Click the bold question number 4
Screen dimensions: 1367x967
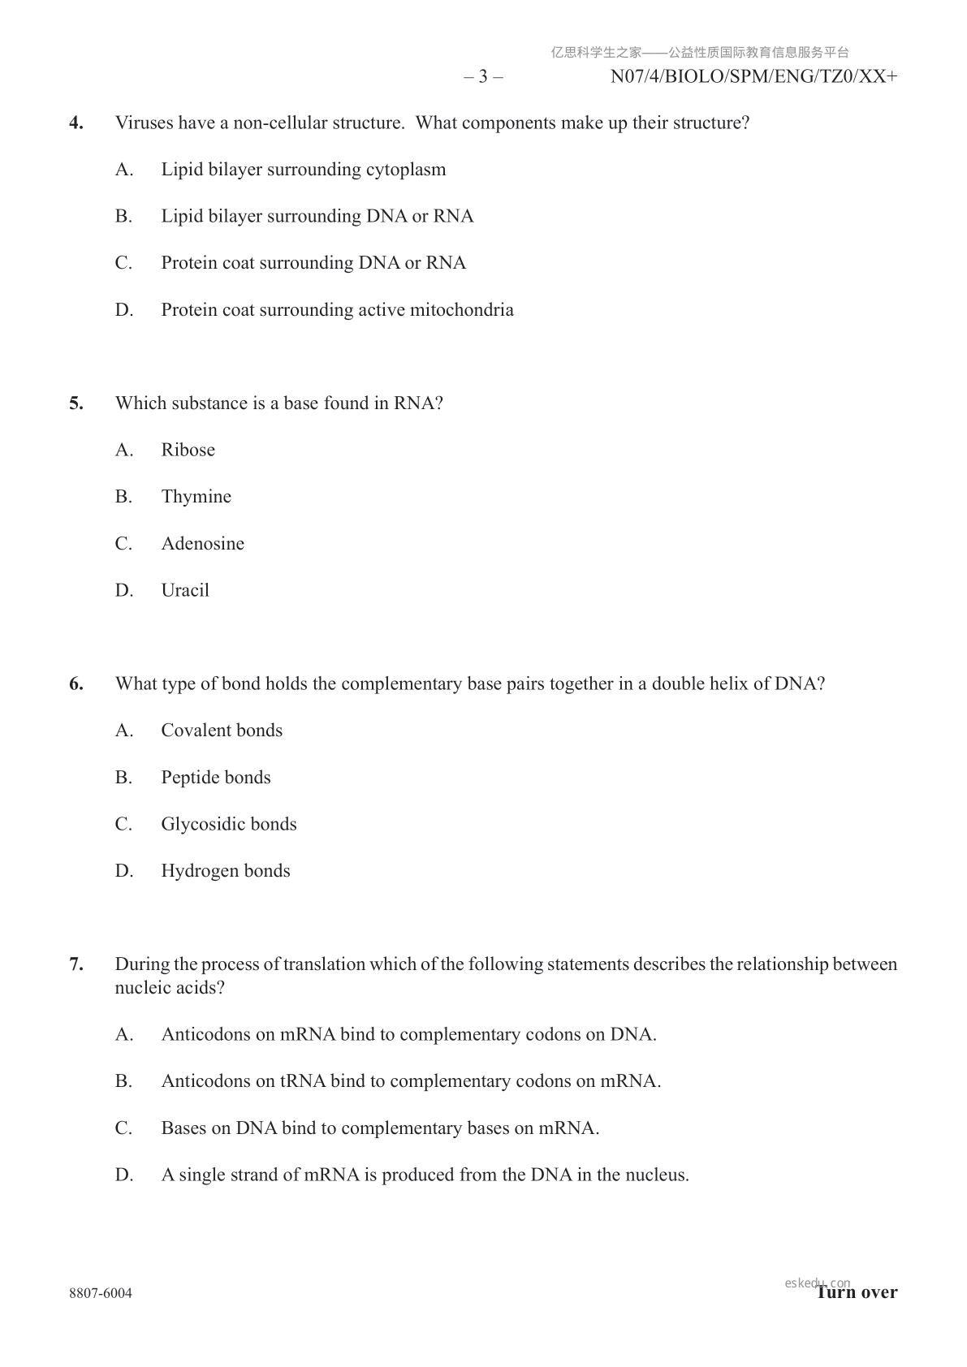pyautogui.click(x=76, y=123)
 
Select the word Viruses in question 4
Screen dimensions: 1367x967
pyautogui.click(x=143, y=123)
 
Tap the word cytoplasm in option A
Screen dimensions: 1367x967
pyautogui.click(x=405, y=170)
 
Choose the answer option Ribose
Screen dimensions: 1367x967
pyautogui.click(x=188, y=451)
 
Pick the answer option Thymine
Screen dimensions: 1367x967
pyautogui.click(x=196, y=497)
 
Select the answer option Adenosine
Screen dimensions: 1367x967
pyautogui.click(x=202, y=544)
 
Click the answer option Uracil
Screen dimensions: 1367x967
pyautogui.click(x=185, y=591)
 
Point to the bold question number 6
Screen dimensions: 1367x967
pyautogui.click(x=76, y=684)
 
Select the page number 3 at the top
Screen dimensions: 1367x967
pyautogui.click(x=483, y=77)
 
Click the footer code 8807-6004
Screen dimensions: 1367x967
pyautogui.click(x=101, y=1293)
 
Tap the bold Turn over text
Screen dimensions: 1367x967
pyautogui.click(x=857, y=1292)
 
